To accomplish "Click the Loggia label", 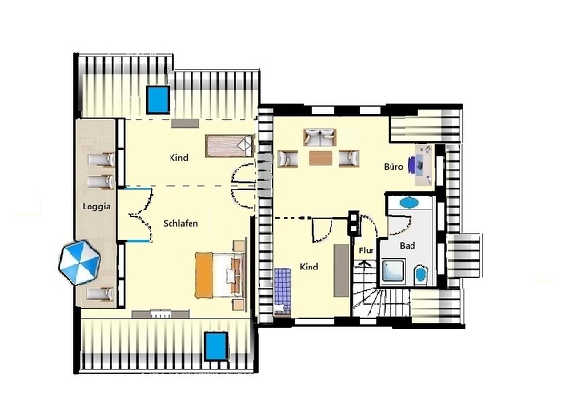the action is click(x=96, y=207).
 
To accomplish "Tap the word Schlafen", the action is click(x=181, y=223).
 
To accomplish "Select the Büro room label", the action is click(x=393, y=167).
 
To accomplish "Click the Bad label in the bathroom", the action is click(x=408, y=246).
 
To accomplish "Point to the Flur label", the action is click(x=367, y=250).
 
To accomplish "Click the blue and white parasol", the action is click(x=80, y=263).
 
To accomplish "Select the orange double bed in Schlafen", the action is click(x=220, y=275).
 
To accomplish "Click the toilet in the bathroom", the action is click(x=421, y=274).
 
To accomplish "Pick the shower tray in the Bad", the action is click(x=393, y=270).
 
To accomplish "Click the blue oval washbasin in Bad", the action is click(x=410, y=202).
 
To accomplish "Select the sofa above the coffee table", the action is click(x=320, y=137).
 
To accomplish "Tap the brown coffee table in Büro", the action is click(x=320, y=158).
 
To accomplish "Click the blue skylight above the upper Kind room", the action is click(x=158, y=99).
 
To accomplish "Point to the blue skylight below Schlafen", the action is click(x=216, y=347).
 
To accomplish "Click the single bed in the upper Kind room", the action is click(x=230, y=146).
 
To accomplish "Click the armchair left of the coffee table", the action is click(x=288, y=158).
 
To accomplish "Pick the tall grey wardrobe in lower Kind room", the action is click(x=341, y=270).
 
